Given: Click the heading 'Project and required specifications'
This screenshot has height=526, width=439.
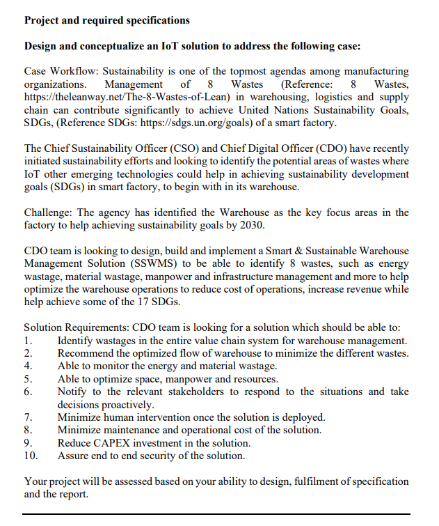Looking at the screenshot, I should [106, 20].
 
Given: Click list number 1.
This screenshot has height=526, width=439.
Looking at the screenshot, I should [28, 341].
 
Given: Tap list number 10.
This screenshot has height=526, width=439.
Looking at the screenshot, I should [31, 456].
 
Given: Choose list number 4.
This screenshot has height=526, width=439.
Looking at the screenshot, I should [28, 366].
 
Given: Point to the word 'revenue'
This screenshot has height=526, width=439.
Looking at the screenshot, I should [362, 289].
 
